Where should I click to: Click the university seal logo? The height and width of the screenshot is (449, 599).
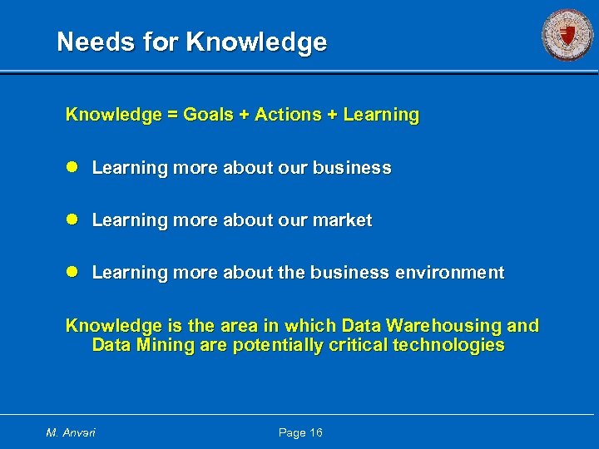[x=567, y=35]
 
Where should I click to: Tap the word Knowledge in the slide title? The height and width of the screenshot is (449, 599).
[x=257, y=42]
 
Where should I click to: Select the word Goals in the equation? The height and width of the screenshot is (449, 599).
[x=208, y=115]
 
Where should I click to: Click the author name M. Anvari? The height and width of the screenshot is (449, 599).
[x=72, y=432]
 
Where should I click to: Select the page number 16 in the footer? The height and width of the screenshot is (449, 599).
[x=314, y=432]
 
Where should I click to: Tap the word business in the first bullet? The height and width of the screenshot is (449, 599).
[x=352, y=168]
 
